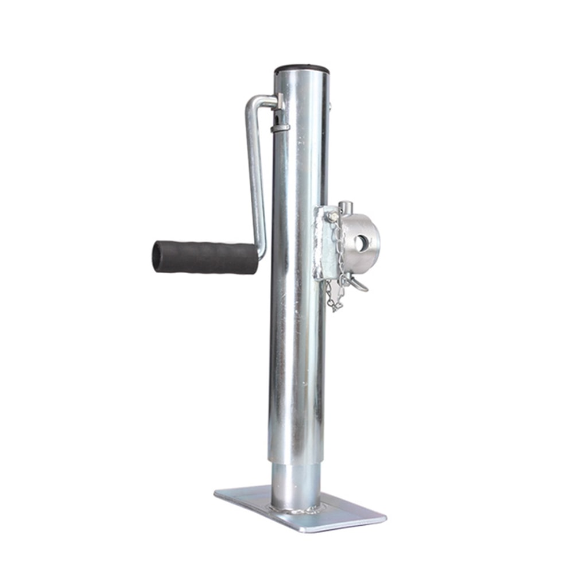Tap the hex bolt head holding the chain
(x=331, y=216)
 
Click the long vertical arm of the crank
(x=256, y=172)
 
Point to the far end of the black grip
(x=157, y=257)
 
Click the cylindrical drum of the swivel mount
(x=362, y=235)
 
